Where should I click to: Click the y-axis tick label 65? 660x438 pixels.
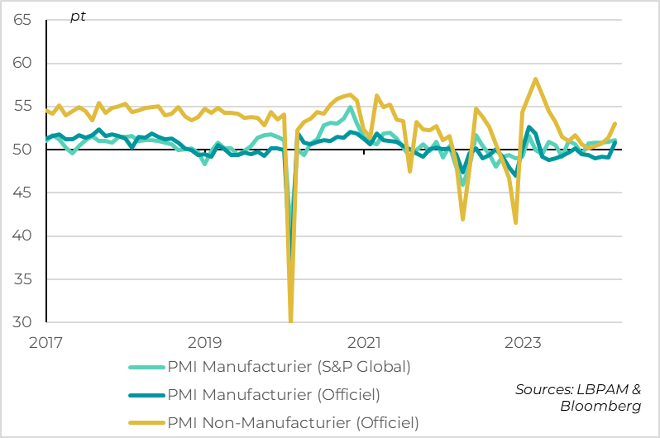tap(22, 20)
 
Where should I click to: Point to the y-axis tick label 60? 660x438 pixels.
tap(22, 63)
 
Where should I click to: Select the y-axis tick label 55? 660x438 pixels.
tap(22, 107)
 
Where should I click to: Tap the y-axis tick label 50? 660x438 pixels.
tap(22, 150)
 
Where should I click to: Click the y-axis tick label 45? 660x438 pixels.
tap(22, 193)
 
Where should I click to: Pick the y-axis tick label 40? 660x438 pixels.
tap(22, 236)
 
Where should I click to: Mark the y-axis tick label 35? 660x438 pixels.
tap(22, 279)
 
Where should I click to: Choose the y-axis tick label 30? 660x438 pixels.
tap(22, 322)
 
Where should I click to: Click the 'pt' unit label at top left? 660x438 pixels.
tap(78, 17)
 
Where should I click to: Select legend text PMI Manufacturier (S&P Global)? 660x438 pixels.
tap(289, 367)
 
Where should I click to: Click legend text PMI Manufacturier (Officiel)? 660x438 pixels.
tap(274, 395)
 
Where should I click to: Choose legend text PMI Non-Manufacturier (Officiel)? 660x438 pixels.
tap(293, 423)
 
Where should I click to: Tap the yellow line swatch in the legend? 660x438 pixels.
tap(146, 423)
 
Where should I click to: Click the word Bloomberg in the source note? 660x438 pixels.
tap(600, 407)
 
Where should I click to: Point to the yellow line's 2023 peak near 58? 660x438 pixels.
tap(536, 79)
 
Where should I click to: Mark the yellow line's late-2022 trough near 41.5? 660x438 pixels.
tap(515, 222)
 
